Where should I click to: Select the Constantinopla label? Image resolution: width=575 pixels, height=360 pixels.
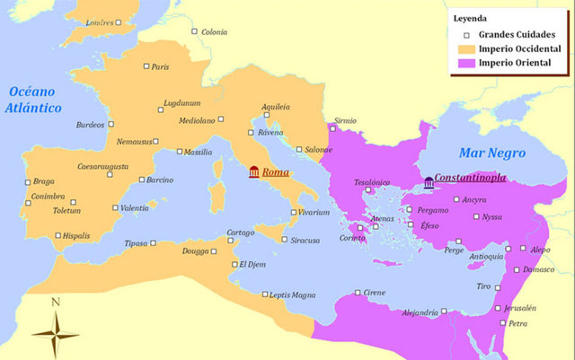pos(469,178)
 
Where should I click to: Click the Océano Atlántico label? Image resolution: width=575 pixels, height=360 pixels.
pos(33,100)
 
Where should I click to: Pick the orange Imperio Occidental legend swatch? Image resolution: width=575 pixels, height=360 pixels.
pos(465,48)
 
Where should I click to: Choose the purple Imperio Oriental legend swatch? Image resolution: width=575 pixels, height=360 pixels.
pos(465,63)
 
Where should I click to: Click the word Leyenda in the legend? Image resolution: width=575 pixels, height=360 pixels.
pos(473,17)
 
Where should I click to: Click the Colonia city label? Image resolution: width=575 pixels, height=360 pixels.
pos(214,32)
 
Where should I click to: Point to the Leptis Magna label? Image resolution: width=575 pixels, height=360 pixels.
pos(292,294)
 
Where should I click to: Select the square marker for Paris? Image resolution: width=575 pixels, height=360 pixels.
pos(146,66)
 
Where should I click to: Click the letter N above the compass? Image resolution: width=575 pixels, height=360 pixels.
pos(55,303)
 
